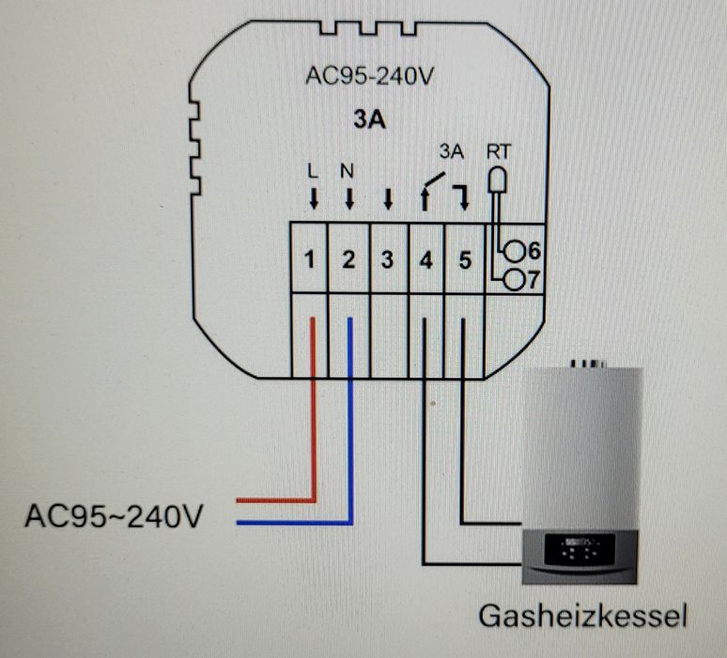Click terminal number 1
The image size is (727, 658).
pos(310,260)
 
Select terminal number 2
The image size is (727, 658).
pos(348,260)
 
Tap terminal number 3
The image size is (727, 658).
pos(387,260)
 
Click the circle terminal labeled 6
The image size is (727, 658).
pos(515,251)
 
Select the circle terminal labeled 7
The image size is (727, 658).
pos(515,279)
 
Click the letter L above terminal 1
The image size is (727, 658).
pos(314,171)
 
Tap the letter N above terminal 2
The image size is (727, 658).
pos(348,171)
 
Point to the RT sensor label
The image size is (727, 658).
pos(499,150)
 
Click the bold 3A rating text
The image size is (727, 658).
pos(369,120)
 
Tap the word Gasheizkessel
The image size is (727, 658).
pos(583,616)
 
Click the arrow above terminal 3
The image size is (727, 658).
pos(387,198)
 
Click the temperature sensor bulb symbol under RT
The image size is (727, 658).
pos(495,178)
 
